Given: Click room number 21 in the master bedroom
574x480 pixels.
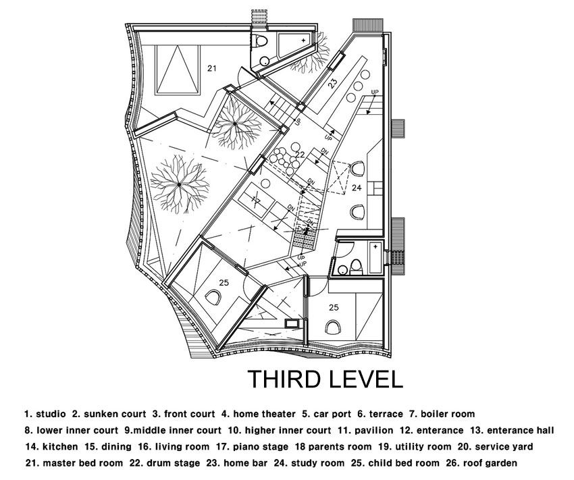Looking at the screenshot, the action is (212, 68).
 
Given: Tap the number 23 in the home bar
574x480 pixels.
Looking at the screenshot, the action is (333, 84).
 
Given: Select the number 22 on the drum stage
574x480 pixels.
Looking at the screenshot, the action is (300, 155).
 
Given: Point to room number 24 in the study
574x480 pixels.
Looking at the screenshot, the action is (357, 188).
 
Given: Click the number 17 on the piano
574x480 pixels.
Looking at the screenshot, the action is (256, 200).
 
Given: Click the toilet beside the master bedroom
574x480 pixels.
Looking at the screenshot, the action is (261, 41).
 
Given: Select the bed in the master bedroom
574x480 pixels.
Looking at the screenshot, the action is (178, 70).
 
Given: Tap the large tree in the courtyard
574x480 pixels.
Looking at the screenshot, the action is (179, 185).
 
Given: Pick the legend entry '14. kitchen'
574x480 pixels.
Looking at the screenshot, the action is (51, 447).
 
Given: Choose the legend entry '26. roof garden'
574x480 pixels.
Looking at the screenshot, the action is (481, 463).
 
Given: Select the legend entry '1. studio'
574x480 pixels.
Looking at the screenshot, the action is (45, 414).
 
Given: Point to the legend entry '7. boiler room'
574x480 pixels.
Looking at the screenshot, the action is (442, 414).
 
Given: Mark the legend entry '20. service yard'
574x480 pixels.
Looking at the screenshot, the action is (495, 447).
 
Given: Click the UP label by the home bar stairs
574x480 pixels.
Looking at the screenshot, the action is (375, 92).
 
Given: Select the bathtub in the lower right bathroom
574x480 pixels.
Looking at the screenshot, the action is (376, 258).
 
